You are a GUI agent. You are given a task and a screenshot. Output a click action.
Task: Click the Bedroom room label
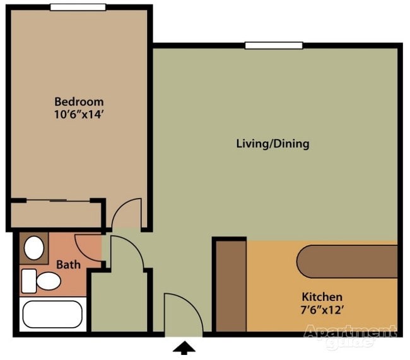click(x=79, y=102)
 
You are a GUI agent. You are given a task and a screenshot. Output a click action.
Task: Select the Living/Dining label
click(x=272, y=144)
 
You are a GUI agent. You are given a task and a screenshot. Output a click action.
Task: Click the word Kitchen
click(x=322, y=297)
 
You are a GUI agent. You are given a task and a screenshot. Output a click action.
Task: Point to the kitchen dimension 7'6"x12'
click(x=322, y=310)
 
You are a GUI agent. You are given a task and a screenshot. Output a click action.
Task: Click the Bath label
click(x=69, y=265)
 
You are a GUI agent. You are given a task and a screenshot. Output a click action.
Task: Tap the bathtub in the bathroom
click(x=52, y=314)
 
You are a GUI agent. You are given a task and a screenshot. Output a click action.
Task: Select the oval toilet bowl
click(x=49, y=281)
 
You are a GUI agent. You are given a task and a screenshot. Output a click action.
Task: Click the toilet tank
click(x=29, y=281)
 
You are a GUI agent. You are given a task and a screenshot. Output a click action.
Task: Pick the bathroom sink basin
click(x=33, y=248)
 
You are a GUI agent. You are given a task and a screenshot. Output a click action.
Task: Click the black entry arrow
click(x=184, y=348)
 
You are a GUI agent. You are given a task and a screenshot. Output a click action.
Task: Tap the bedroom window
click(x=78, y=7)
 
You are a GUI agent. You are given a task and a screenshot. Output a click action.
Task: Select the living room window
click(x=274, y=45)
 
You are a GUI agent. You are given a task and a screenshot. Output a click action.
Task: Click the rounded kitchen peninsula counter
click(x=347, y=262)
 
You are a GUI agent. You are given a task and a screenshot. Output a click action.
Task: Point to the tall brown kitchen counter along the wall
click(x=231, y=286)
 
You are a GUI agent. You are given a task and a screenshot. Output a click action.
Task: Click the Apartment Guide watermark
click(x=350, y=335)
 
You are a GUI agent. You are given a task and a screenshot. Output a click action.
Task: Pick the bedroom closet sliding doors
click(x=58, y=200)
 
